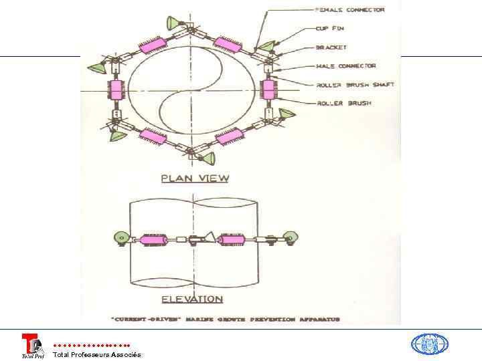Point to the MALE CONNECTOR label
[x=346, y=66]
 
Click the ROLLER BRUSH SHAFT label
[x=355, y=85]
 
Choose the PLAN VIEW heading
[x=194, y=178]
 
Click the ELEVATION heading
[x=191, y=299]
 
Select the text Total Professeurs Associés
[x=96, y=354]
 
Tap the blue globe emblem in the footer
[x=429, y=344]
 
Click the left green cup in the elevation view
[x=120, y=238]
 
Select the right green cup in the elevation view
[x=290, y=237]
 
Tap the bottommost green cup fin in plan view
[x=208, y=158]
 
